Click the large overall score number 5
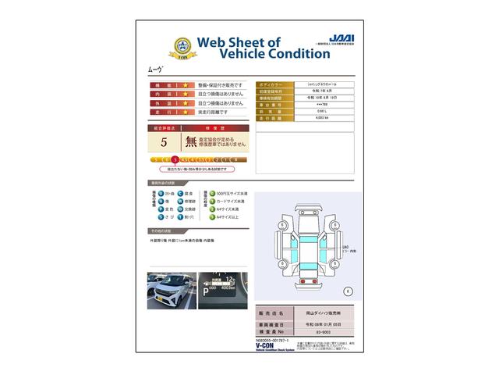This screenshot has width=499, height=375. click(x=164, y=142)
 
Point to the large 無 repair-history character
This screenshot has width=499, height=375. click(x=191, y=141)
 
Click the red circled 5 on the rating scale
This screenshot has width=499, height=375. click(x=175, y=159)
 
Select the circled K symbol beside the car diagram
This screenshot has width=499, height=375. click(x=348, y=291)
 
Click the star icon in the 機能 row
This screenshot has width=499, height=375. click(x=186, y=84)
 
